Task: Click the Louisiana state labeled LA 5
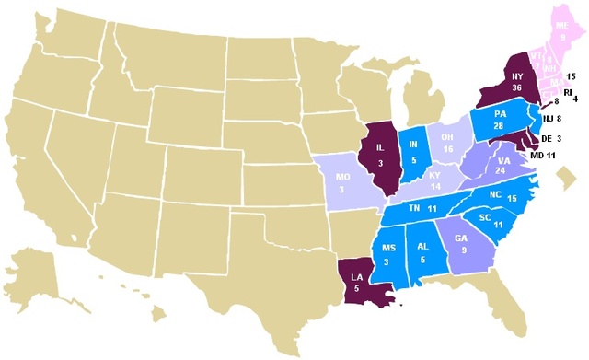click(x=354, y=278)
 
